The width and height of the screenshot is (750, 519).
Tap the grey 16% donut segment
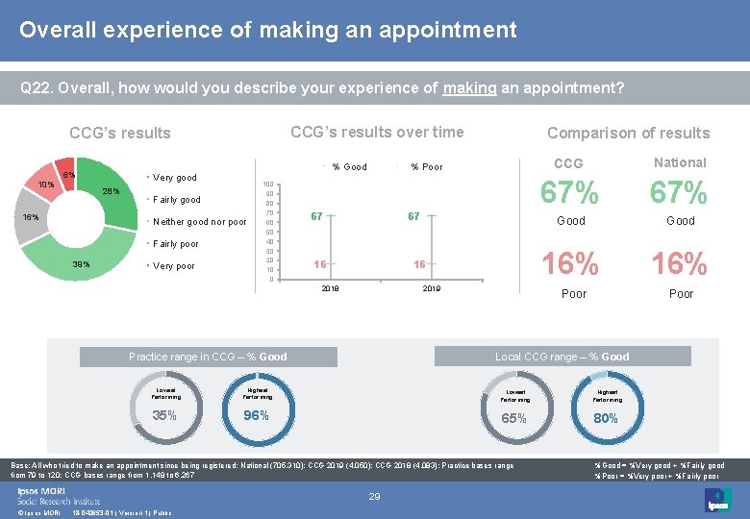pyautogui.click(x=32, y=217)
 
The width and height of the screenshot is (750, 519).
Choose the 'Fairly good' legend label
pyautogui.click(x=176, y=200)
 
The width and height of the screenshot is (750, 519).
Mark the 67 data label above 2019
pyautogui.click(x=413, y=216)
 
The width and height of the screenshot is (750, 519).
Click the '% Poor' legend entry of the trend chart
pyautogui.click(x=427, y=167)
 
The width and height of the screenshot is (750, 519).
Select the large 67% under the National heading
pyautogui.click(x=680, y=193)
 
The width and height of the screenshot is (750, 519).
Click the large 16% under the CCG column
pyautogui.click(x=571, y=262)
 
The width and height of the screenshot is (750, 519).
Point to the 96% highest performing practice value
pyautogui.click(x=256, y=416)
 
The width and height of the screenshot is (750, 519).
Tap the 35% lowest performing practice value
pyautogui.click(x=164, y=416)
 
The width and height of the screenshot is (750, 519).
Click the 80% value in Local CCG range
pyautogui.click(x=606, y=418)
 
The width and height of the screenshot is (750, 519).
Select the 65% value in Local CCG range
pyautogui.click(x=514, y=418)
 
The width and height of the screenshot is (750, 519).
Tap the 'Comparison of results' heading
pyautogui.click(x=628, y=133)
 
